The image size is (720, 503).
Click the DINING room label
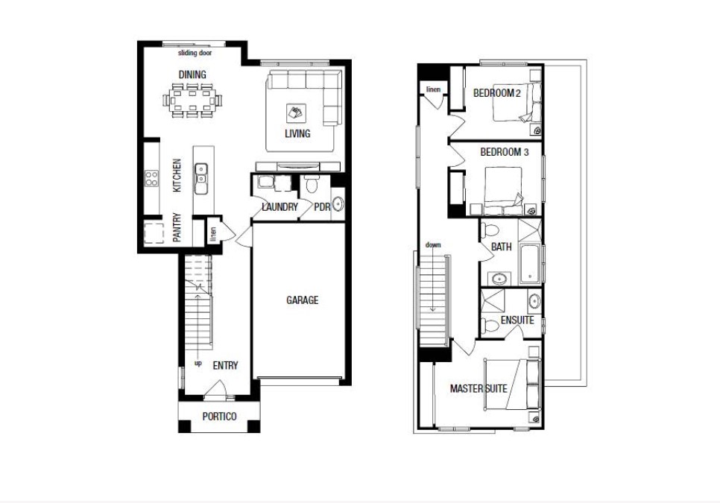tap(192, 75)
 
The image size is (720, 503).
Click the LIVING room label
tap(297, 134)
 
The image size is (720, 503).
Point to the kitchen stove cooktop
tap(151, 178)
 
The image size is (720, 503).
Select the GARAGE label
tap(302, 300)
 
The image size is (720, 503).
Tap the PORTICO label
tap(219, 417)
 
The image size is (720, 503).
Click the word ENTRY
tap(225, 366)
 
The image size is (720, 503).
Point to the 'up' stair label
tap(198, 364)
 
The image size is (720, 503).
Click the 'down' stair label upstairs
tap(433, 244)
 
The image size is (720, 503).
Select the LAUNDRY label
tap(280, 207)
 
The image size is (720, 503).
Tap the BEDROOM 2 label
tap(496, 93)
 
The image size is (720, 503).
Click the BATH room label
tap(501, 247)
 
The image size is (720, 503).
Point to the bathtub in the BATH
tap(529, 263)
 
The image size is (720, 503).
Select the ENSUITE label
tap(517, 320)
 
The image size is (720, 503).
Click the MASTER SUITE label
tap(479, 389)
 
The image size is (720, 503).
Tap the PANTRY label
tap(177, 229)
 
